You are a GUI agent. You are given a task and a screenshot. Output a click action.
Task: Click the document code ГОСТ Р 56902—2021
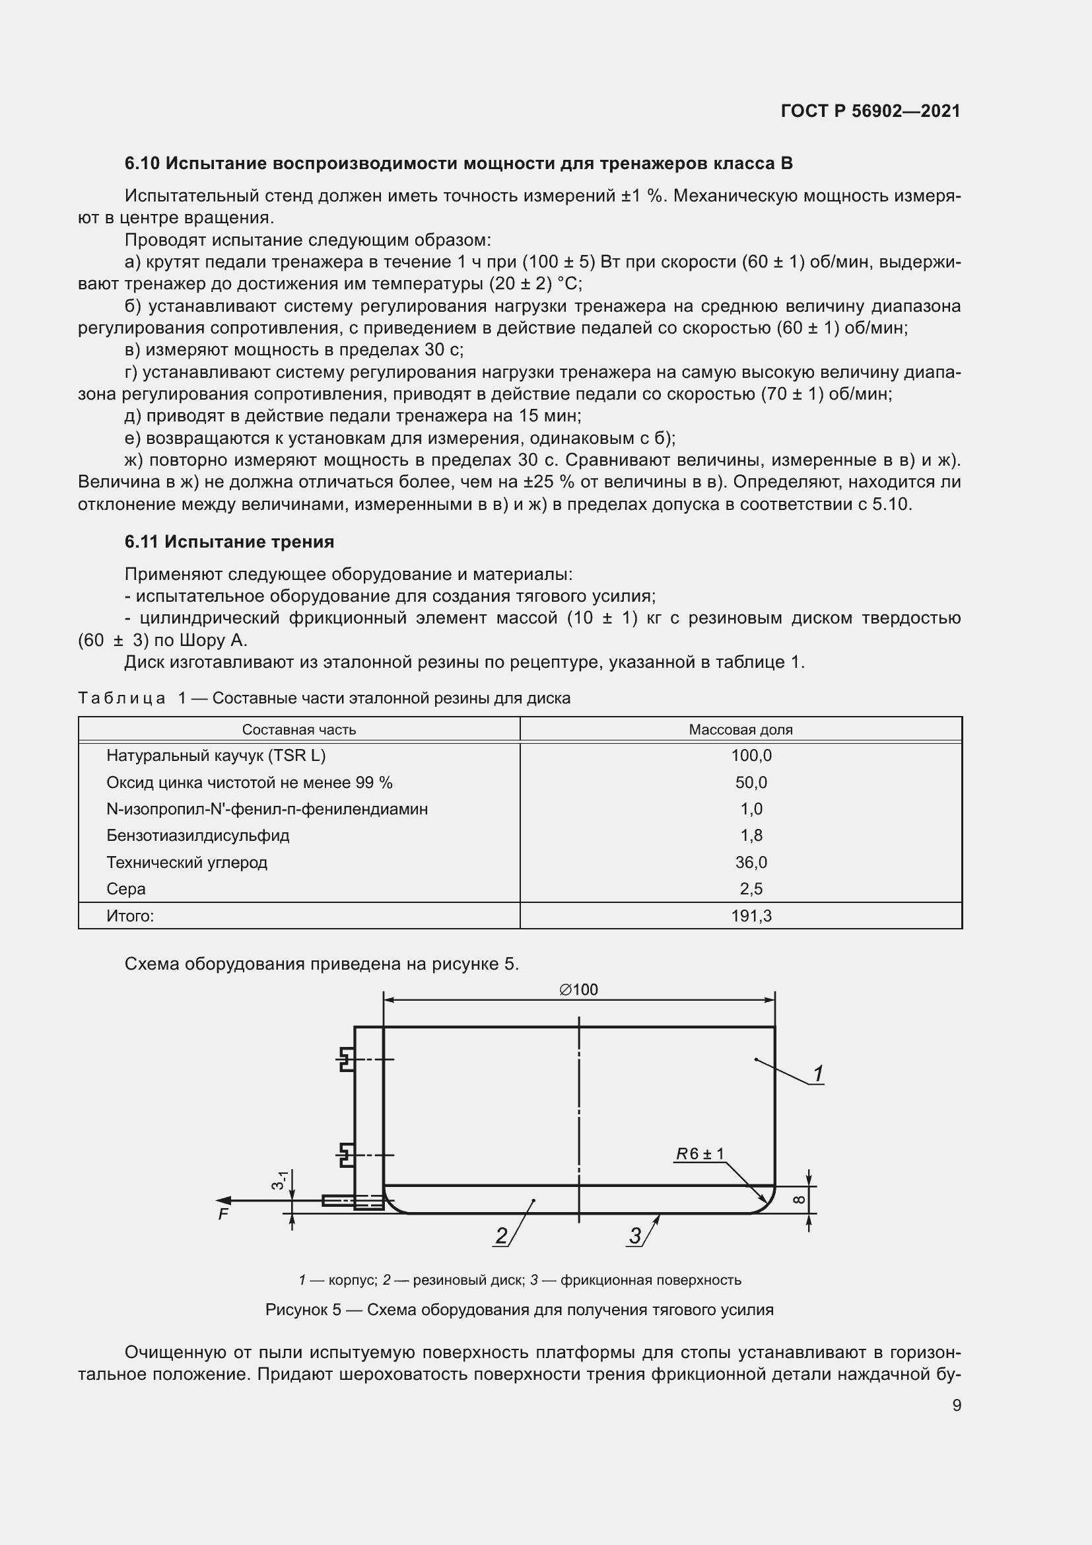pos(870,111)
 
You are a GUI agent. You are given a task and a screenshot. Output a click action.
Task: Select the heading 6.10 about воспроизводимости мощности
pos(459,164)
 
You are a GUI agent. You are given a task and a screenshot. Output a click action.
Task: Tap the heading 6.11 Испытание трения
pos(229,542)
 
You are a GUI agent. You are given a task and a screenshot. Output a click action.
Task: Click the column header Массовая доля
pos(740,729)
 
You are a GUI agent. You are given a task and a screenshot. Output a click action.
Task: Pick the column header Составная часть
pos(298,729)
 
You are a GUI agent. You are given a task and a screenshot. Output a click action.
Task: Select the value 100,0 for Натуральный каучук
pos(751,756)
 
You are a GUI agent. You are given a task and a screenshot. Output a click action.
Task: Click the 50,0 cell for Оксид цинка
pos(751,783)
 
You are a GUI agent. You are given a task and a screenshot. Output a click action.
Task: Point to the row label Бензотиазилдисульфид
pos(197,836)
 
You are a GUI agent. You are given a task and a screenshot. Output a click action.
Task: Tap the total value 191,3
pos(751,916)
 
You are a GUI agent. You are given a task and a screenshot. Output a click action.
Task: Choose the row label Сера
pos(125,889)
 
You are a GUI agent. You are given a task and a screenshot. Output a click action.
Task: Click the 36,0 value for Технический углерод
pos(751,863)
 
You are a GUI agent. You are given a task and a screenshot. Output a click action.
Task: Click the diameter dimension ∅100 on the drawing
pos(578,989)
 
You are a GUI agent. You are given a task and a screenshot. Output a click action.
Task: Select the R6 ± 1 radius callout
pos(700,1154)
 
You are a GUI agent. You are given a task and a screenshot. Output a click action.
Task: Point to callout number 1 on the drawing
pos(817,1074)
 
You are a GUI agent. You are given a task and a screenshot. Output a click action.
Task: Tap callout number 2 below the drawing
pos(502,1235)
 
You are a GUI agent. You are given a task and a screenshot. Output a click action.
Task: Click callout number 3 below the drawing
pos(635,1235)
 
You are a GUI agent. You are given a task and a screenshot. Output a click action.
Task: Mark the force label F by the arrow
pos(223,1215)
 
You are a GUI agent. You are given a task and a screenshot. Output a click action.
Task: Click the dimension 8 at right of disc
pos(798,1199)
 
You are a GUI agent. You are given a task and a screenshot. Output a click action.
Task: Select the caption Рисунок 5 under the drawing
pos(519,1309)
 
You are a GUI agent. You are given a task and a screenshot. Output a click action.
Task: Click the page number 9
pos(957,1405)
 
